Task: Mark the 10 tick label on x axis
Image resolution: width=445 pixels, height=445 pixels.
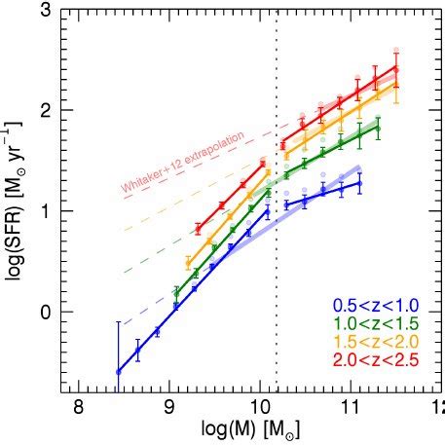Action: [x=260, y=407]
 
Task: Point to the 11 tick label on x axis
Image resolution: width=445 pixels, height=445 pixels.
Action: [x=350, y=407]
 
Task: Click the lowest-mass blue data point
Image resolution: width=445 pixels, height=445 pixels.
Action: [x=119, y=371]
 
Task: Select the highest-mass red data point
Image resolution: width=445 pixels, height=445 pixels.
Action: [x=395, y=68]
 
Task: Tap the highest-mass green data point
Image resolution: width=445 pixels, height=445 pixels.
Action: [x=378, y=127]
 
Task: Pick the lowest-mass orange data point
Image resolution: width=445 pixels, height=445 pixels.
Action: [x=188, y=263]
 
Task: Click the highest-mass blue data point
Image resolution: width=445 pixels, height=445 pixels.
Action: [x=359, y=183]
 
